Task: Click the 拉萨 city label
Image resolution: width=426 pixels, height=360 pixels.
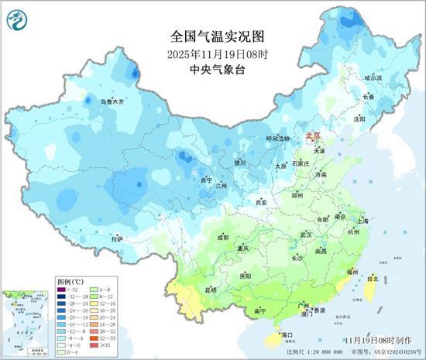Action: tap(117, 239)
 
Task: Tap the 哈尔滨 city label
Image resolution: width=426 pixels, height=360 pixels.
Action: tap(373, 77)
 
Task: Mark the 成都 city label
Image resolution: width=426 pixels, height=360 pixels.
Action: tap(223, 237)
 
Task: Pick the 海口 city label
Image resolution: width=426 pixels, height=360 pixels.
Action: tap(287, 334)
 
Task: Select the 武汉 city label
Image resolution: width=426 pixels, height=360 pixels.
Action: tap(305, 235)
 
